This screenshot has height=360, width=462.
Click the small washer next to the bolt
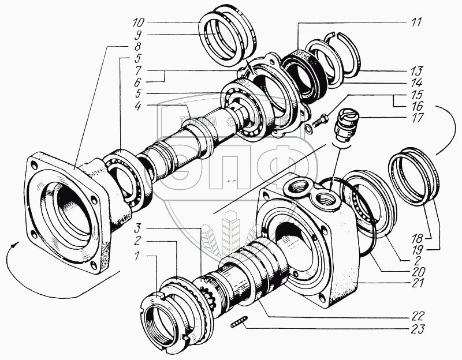coord(309,129)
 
